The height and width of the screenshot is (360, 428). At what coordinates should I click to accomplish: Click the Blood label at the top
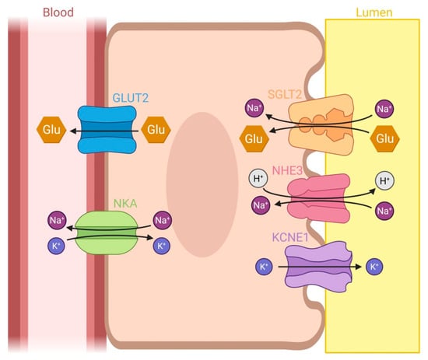click(x=58, y=12)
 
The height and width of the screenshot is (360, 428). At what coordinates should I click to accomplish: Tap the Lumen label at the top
click(x=374, y=12)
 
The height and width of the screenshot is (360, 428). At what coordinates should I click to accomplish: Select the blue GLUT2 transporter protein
click(x=107, y=130)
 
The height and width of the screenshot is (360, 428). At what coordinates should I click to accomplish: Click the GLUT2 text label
click(x=131, y=98)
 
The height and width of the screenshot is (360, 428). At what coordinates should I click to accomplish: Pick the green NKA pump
click(x=107, y=232)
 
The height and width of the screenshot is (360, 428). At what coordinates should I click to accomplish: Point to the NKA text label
click(x=125, y=204)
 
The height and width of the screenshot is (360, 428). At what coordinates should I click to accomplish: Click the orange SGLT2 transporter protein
click(x=321, y=124)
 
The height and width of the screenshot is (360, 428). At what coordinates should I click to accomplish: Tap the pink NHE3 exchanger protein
click(x=319, y=198)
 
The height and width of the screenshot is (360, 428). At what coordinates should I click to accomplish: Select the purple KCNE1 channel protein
click(x=318, y=267)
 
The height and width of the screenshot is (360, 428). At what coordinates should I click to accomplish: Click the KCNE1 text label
click(x=290, y=237)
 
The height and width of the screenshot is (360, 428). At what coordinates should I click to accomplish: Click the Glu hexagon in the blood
click(x=51, y=130)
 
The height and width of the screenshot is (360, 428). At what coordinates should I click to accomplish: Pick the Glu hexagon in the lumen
click(x=385, y=138)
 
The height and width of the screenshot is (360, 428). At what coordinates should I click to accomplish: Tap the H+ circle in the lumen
click(x=385, y=180)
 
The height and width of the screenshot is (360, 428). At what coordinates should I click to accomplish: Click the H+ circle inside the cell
click(x=258, y=179)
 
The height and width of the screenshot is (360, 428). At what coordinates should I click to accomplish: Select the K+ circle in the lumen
click(x=374, y=267)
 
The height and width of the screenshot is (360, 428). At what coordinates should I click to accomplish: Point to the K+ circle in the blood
click(x=56, y=246)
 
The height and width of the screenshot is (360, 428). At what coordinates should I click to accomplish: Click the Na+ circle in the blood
click(x=57, y=220)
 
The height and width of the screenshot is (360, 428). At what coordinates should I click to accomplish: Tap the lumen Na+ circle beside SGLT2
click(x=384, y=109)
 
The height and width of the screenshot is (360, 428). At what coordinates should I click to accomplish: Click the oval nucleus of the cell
click(x=202, y=184)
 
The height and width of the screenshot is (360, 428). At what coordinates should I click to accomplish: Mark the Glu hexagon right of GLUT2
click(x=156, y=130)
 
